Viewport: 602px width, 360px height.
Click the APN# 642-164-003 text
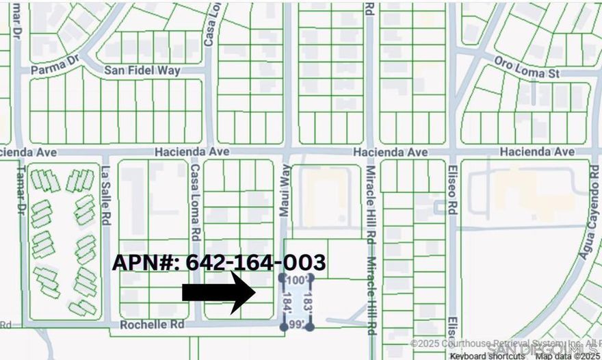(x=218, y=262)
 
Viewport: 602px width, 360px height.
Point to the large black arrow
(x=219, y=292)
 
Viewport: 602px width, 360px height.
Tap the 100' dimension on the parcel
(x=297, y=281)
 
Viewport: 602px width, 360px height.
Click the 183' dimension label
(x=307, y=302)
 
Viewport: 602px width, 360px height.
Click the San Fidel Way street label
(x=142, y=70)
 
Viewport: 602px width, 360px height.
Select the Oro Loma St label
(x=527, y=66)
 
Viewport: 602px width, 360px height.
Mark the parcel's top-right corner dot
(x=311, y=278)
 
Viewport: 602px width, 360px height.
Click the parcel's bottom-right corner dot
(x=310, y=327)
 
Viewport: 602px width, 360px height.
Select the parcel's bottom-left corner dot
(x=284, y=327)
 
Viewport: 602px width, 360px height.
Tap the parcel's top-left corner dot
(x=283, y=278)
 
